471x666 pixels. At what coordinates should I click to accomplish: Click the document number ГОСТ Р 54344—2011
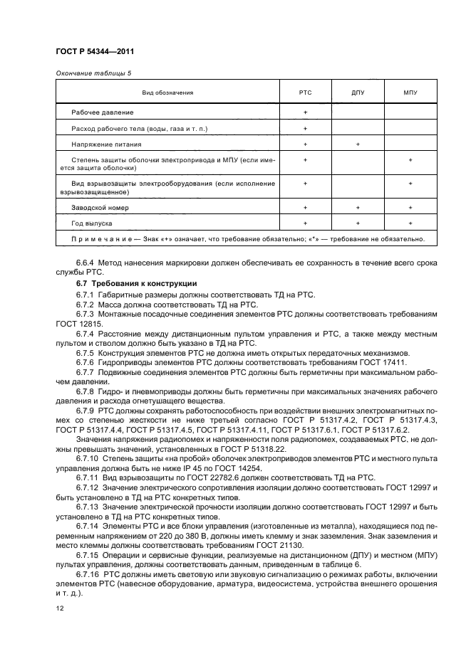[x=94, y=52]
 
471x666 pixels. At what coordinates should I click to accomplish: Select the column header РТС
[x=305, y=92]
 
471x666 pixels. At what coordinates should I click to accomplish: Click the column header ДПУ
[x=358, y=92]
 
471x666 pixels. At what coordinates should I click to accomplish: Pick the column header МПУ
[x=410, y=92]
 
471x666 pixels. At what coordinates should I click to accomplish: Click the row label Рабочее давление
[x=103, y=112]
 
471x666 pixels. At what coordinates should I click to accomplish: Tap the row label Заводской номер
[x=100, y=207]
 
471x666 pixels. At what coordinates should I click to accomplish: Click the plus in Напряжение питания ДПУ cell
[x=358, y=144]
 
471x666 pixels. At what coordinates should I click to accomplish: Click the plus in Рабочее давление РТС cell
[x=305, y=112]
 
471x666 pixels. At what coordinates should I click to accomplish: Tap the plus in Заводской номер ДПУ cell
[x=358, y=207]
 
